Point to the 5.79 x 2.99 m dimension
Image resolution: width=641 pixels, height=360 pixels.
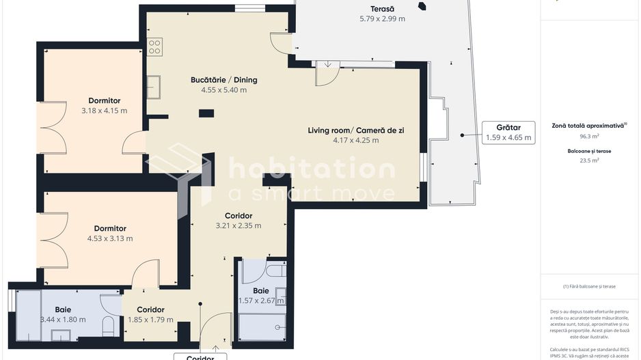click(382, 19)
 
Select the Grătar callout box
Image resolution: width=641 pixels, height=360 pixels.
click(503, 132)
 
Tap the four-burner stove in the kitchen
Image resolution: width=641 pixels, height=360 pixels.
click(155, 46)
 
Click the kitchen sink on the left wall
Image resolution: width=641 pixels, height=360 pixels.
click(154, 87)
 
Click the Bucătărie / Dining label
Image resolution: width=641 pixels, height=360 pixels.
click(223, 80)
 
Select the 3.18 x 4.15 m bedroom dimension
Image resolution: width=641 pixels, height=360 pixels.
click(104, 111)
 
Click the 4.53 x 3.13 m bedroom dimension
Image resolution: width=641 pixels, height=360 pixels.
click(110, 238)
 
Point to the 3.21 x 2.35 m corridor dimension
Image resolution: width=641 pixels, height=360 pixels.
click(238, 225)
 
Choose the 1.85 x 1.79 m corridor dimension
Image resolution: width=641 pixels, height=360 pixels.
click(150, 319)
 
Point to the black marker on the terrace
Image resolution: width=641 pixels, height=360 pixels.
click(422, 7)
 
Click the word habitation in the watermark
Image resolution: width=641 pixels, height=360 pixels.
click(311, 168)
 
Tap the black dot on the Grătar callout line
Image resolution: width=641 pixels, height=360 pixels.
click(463, 135)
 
